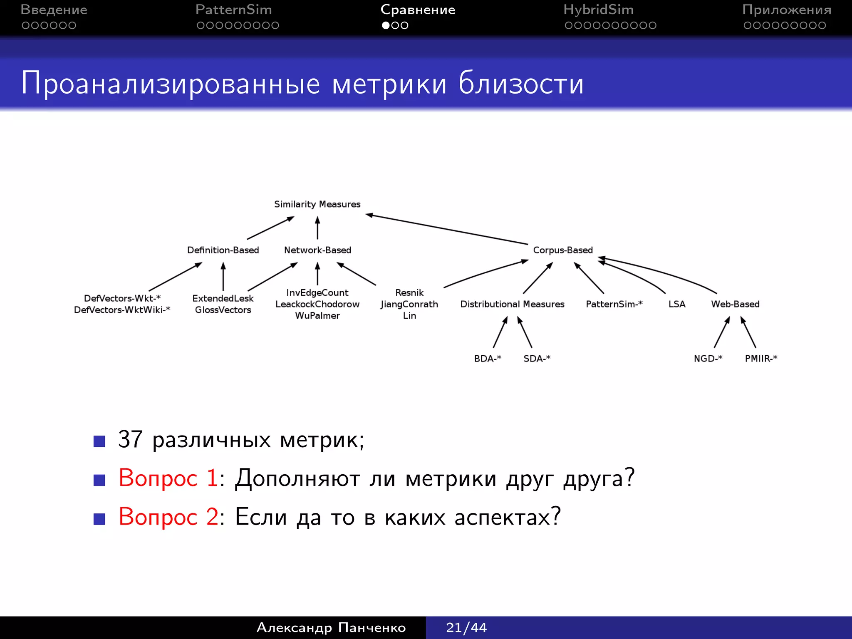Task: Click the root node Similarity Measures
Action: [x=317, y=204]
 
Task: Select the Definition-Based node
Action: [x=223, y=250]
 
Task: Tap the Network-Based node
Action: [x=317, y=250]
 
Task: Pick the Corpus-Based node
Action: [x=563, y=250]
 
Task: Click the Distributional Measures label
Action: [x=512, y=304]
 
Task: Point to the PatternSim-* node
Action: [x=614, y=304]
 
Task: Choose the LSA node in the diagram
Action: [x=677, y=304]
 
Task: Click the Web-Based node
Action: [x=735, y=304]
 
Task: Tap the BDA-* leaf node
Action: [x=488, y=358]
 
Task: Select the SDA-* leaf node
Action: [x=537, y=358]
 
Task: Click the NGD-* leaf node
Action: [x=708, y=358]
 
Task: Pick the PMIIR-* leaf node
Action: [x=761, y=358]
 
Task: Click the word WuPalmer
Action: [x=317, y=316]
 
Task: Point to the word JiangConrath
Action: [x=409, y=304]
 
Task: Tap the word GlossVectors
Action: [x=223, y=310]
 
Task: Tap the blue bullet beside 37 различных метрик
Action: [x=99, y=441]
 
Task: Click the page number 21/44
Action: [x=466, y=627]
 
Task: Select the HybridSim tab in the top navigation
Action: [x=598, y=10]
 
